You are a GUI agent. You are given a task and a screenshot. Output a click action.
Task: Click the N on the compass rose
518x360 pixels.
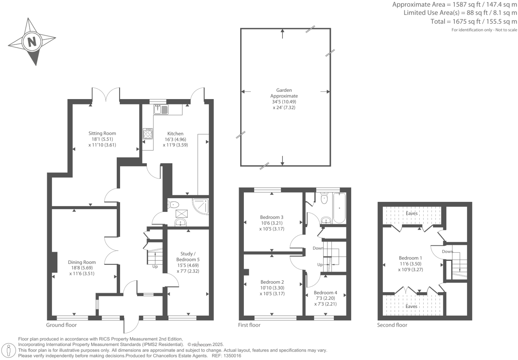pyautogui.click(x=32, y=42)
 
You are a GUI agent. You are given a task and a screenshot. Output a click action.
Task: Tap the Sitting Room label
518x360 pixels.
pyautogui.click(x=102, y=133)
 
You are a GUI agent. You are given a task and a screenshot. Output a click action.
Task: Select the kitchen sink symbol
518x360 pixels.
pyautogui.click(x=161, y=109)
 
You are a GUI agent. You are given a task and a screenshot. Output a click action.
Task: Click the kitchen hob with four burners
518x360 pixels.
pyautogui.click(x=148, y=134)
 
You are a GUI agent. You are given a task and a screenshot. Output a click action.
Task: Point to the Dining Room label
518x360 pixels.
pyautogui.click(x=82, y=262)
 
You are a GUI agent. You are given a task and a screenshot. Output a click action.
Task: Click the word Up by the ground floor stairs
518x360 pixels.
pyautogui.click(x=155, y=267)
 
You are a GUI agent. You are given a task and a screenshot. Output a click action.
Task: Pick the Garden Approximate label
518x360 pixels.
pyautogui.click(x=284, y=93)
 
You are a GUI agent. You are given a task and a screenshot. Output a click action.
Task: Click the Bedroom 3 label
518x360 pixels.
pyautogui.click(x=272, y=217)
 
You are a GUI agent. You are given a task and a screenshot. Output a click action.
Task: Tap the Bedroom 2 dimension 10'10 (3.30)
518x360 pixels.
pyautogui.click(x=272, y=288)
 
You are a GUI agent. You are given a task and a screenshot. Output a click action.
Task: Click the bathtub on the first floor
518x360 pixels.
pyautogui.click(x=339, y=208)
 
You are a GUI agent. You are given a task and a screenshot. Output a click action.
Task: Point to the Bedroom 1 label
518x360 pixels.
pyautogui.click(x=410, y=258)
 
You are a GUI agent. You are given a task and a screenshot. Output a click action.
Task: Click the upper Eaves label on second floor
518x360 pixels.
pyautogui.click(x=412, y=213)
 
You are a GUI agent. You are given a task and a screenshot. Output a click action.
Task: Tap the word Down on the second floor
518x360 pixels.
pyautogui.click(x=447, y=252)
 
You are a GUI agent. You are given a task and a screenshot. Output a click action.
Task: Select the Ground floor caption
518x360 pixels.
pyautogui.click(x=61, y=325)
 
